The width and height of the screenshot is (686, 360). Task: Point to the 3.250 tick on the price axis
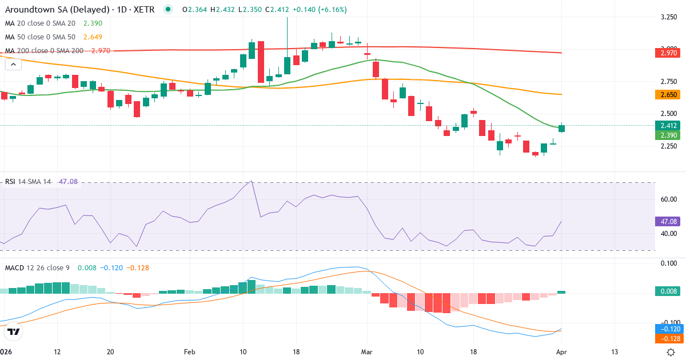pos(669,18)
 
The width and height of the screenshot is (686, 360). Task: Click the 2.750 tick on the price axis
pos(669,82)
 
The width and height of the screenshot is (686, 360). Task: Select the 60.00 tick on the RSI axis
pos(669,199)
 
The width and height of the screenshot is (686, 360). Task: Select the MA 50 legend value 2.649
pos(94,37)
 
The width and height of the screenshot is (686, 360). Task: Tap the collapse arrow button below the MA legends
pos(13,65)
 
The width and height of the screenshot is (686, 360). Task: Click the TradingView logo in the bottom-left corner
pos(14,331)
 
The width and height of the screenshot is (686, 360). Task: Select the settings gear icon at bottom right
pos(671,351)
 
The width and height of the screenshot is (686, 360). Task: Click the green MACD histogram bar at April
pos(561,292)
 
